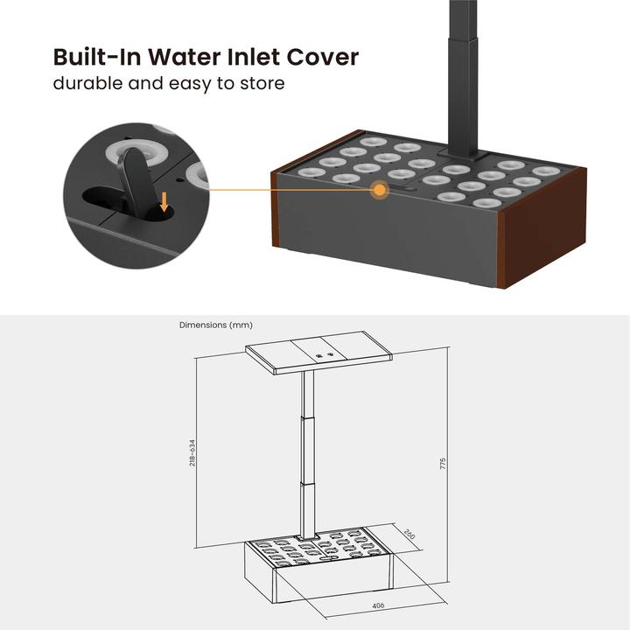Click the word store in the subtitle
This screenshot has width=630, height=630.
[x=264, y=85]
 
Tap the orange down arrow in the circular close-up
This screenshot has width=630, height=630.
[x=164, y=203]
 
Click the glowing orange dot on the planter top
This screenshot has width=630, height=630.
[x=381, y=189]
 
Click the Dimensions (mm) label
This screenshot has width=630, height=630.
[x=216, y=325]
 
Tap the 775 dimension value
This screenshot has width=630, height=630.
[x=444, y=461]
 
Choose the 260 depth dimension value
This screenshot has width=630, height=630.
[x=409, y=535]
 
